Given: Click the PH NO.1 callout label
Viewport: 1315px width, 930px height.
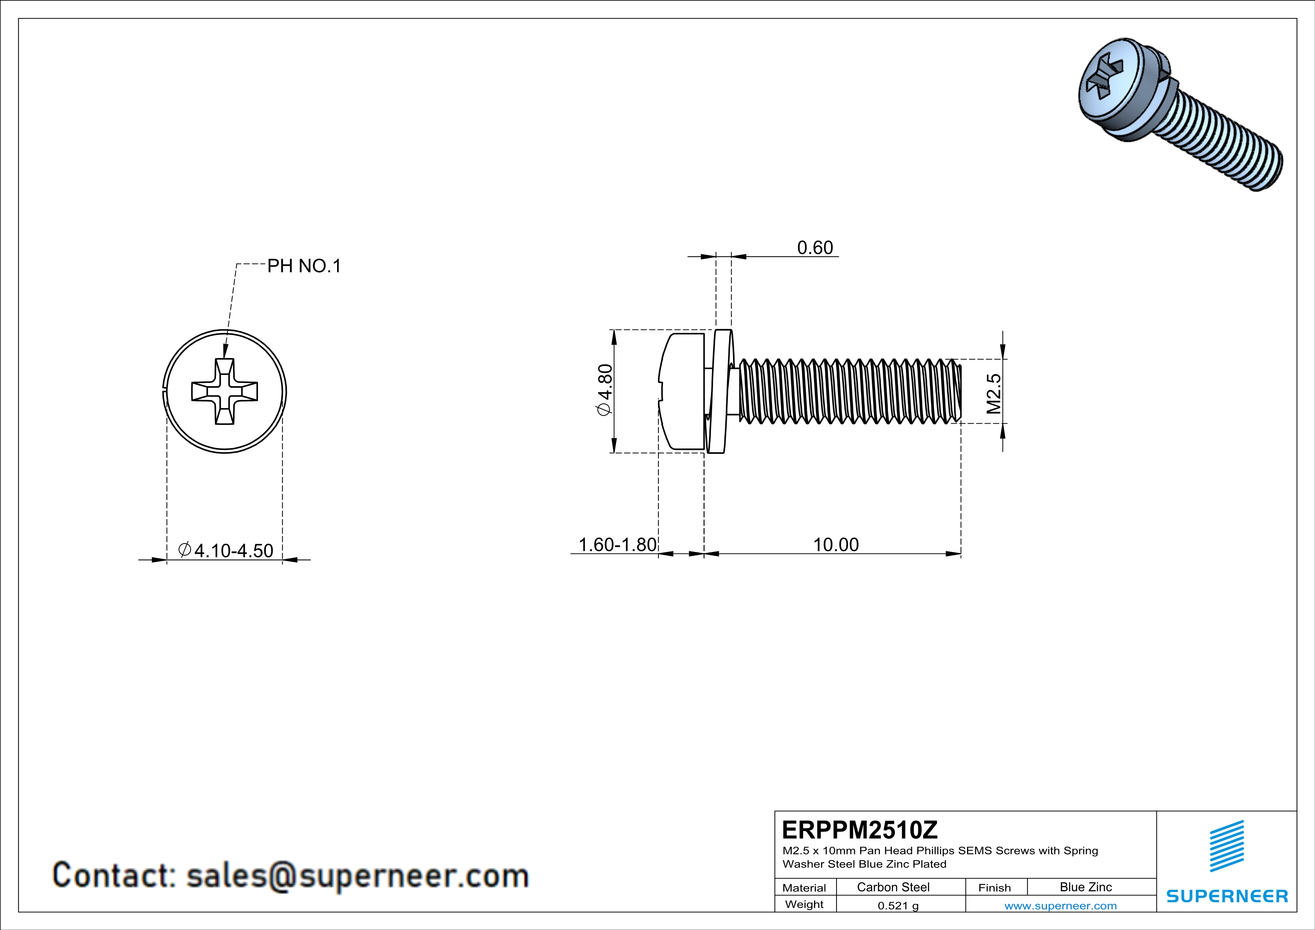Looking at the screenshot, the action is tap(304, 266).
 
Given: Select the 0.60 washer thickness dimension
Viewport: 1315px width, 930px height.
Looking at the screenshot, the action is tap(815, 247).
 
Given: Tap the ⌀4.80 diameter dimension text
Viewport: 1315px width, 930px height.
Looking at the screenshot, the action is tap(605, 390).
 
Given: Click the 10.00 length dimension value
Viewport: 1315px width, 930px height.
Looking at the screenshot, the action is tap(836, 544).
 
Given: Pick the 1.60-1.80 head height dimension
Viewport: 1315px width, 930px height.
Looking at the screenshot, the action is tap(618, 544).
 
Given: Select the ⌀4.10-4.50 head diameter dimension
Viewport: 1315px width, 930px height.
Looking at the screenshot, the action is tap(226, 550).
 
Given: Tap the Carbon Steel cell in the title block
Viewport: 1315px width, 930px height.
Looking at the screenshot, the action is tap(893, 887).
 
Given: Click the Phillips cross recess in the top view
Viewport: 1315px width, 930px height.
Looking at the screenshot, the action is tap(225, 392).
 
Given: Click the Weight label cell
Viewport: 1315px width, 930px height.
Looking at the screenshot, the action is tap(804, 904).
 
